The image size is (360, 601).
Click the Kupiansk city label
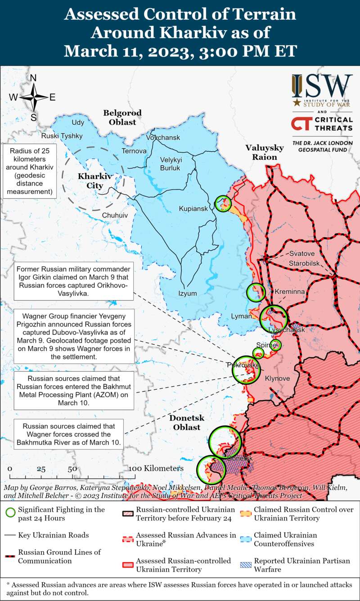coord(193,209)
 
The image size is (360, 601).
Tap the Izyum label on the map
coord(188,294)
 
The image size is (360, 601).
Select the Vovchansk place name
coord(163,137)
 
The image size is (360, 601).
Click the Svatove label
coord(302,253)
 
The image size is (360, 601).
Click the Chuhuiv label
coord(115,216)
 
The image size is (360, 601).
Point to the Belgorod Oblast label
coord(122,117)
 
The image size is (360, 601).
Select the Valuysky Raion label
coord(265,152)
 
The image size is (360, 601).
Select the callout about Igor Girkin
coord(74,281)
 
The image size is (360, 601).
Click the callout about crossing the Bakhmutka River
coord(69,434)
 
